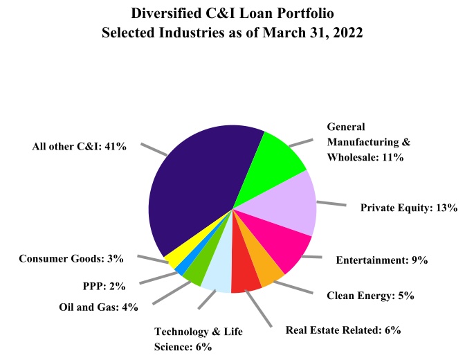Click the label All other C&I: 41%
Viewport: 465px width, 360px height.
pyautogui.click(x=79, y=146)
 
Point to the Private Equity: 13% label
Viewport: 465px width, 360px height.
pyautogui.click(x=409, y=207)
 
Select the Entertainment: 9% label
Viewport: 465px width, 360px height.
pyautogui.click(x=381, y=261)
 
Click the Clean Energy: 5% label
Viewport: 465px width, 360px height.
pyautogui.click(x=370, y=296)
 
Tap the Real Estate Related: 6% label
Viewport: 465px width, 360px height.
pyautogui.click(x=343, y=330)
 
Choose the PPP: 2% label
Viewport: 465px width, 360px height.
pyautogui.click(x=98, y=283)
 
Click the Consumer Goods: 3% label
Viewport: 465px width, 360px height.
pyautogui.click(x=71, y=259)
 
